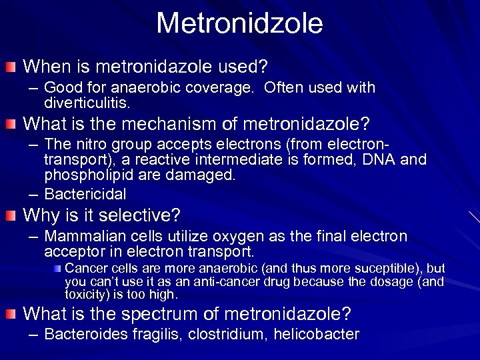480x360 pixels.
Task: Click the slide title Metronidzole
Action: [239, 23]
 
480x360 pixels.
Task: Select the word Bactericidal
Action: [85, 193]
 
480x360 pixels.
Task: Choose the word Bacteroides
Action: [87, 335]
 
